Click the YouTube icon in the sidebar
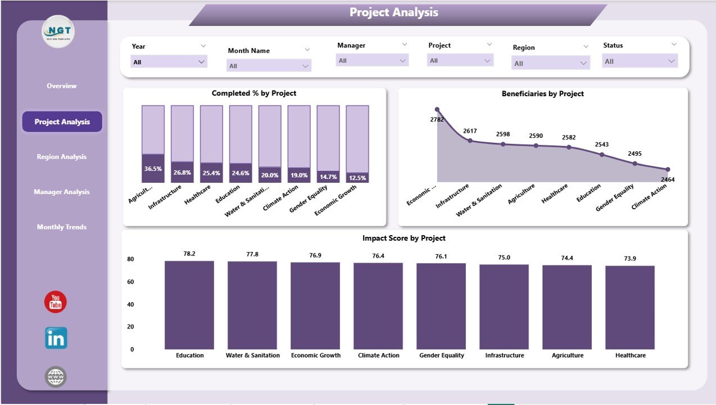[56, 303]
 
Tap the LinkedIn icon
[56, 338]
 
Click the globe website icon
[56, 377]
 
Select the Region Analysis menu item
[62, 157]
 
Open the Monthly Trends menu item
[62, 227]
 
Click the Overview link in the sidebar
[62, 86]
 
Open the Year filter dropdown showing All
[169, 62]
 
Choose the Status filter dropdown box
[640, 61]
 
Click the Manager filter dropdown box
[372, 61]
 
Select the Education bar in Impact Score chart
[189, 305]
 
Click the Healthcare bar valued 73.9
[630, 307]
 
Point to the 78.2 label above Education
[189, 254]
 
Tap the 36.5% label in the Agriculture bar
[153, 169]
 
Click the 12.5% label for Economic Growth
[357, 178]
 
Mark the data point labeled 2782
[437, 110]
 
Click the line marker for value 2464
[668, 169]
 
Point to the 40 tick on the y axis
[130, 304]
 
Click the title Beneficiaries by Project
[542, 94]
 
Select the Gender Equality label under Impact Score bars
[441, 355]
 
